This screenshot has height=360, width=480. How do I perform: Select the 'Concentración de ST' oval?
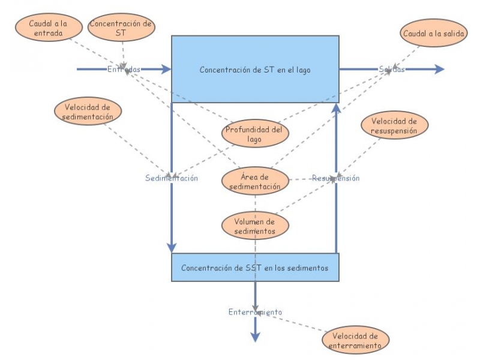pos(121,28)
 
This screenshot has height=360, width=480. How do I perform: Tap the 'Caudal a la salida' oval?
pos(434,34)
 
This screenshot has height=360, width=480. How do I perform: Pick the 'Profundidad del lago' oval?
pos(254,134)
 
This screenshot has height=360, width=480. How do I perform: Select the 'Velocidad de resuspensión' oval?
pos(394,125)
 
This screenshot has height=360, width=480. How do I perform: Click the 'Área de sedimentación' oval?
pos(255,181)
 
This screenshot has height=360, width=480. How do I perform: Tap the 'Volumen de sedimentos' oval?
pos(255,226)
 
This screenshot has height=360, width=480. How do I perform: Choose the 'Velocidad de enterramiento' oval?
pos(356,340)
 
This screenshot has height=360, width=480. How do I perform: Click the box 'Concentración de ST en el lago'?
pos(255,70)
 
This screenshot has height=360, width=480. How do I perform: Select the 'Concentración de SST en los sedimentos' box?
pos(255,268)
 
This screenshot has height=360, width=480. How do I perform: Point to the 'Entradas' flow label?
pos(124,70)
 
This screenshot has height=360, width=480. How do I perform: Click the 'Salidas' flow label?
pos(391,70)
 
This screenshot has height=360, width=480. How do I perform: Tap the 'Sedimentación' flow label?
pos(172,178)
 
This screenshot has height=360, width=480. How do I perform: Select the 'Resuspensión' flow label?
pos(335,178)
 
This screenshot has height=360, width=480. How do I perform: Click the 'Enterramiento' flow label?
pos(255,312)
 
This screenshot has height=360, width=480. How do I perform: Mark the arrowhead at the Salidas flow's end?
pos(439,70)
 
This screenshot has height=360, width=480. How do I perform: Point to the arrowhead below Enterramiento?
pos(256,337)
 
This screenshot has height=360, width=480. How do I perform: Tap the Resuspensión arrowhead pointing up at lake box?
pos(336,109)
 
